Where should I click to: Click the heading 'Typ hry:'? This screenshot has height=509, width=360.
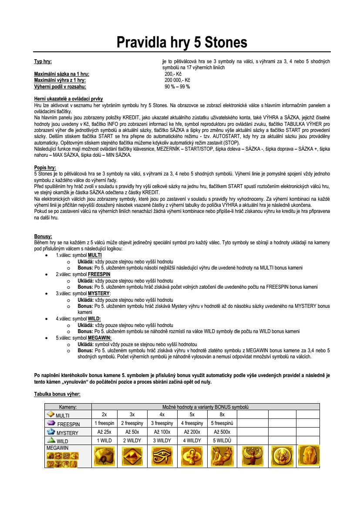coord(43,62)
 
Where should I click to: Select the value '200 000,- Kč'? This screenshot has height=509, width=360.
coord(177,80)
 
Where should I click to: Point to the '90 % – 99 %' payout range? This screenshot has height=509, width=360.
coord(177,86)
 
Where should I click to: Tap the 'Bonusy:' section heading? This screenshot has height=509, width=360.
coord(43,236)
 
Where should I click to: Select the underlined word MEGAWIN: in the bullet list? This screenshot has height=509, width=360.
coord(100,338)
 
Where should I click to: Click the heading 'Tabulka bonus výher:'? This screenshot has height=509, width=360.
coord(57,394)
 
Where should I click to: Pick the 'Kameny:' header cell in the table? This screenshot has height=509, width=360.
coord(68,407)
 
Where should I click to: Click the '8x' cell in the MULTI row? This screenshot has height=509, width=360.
coord(222,415)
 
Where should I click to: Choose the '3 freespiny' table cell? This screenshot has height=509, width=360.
coord(162,423)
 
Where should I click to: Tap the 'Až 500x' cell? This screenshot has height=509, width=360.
coord(222,432)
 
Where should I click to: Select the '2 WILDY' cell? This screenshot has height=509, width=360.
coord(132,441)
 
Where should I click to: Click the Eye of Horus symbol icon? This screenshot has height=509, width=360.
coord(162,456)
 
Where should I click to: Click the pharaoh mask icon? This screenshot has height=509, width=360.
coord(309,455)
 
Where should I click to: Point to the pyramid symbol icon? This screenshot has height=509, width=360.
coord(132,456)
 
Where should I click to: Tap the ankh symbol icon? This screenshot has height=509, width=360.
coord(192,456)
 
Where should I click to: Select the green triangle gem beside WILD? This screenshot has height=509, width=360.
coord(51,440)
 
